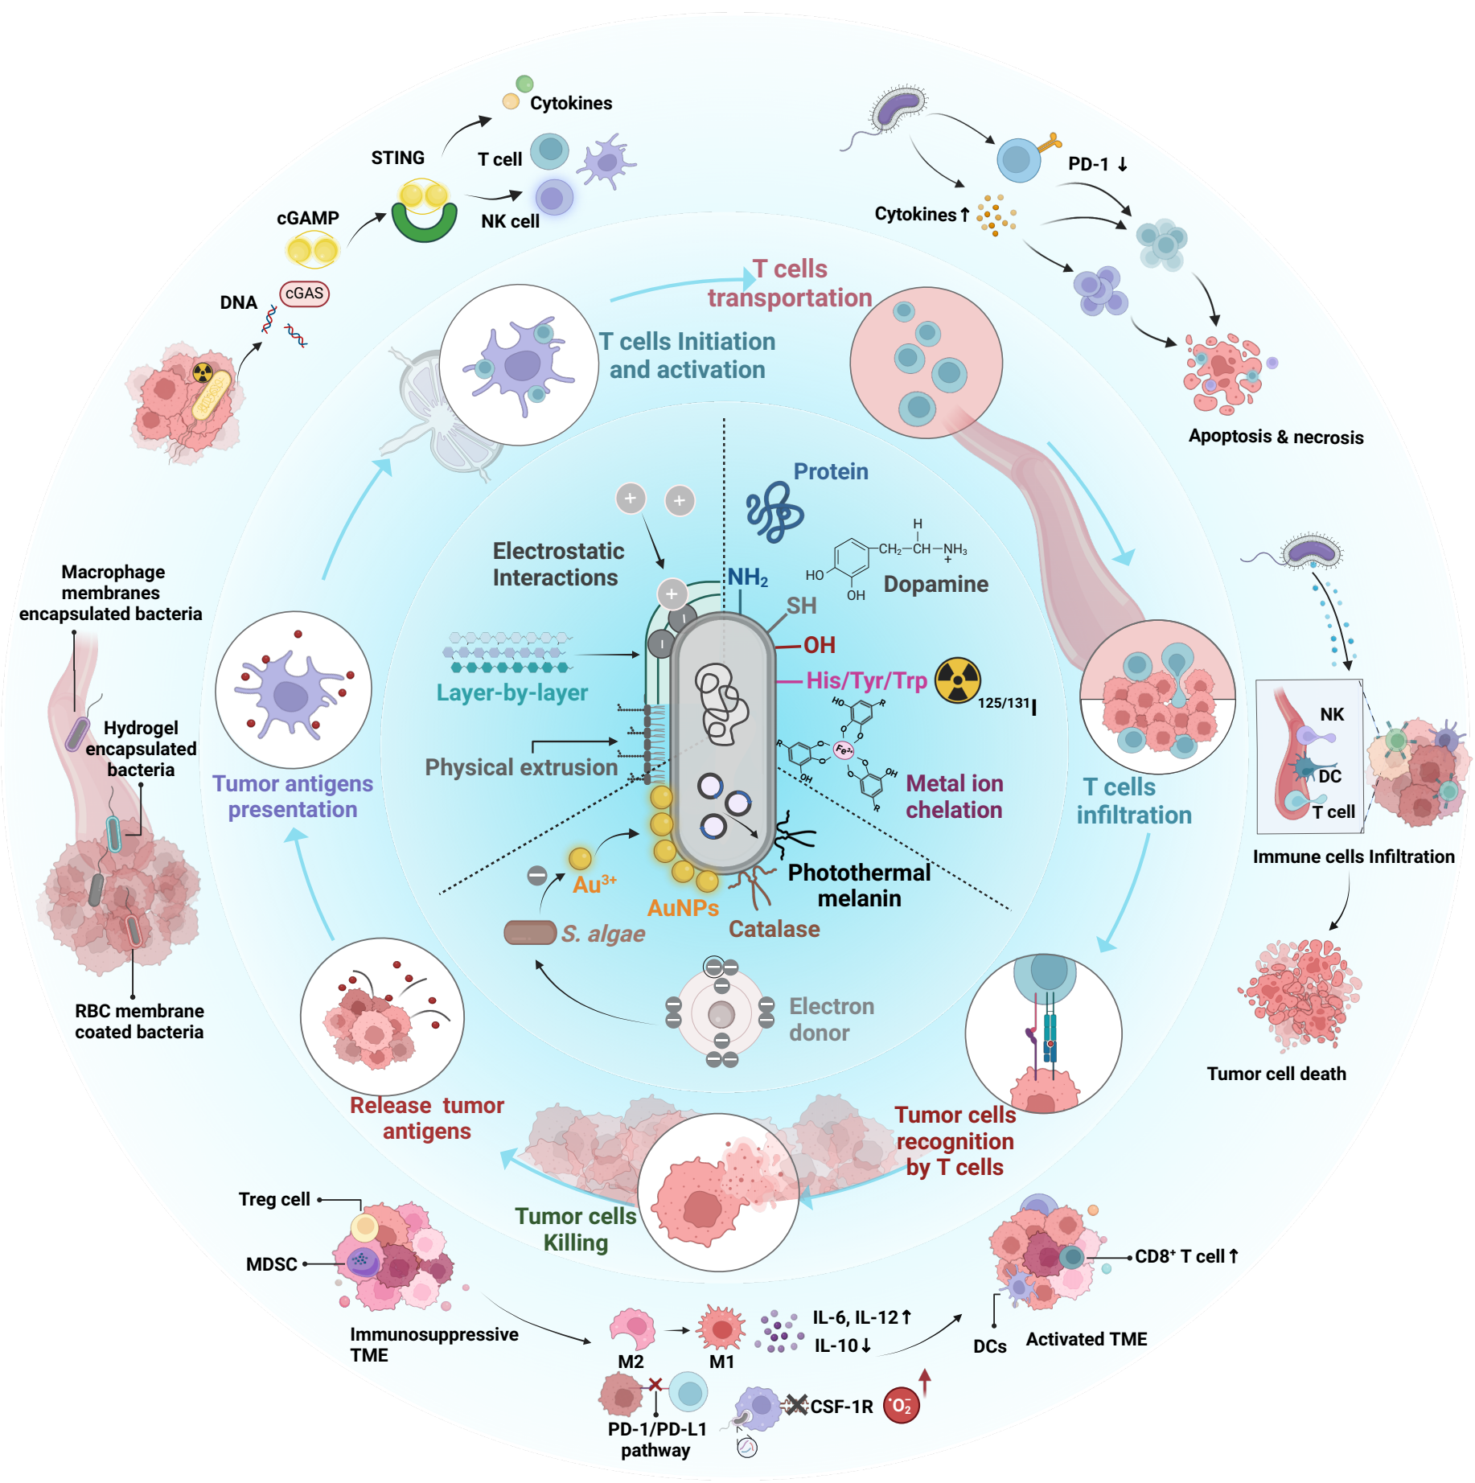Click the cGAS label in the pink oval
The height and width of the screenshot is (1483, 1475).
click(304, 294)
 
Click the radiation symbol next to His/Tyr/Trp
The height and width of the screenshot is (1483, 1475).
click(957, 680)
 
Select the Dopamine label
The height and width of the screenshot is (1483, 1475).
click(935, 584)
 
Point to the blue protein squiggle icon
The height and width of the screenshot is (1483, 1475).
click(774, 512)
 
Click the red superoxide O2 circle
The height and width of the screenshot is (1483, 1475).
click(902, 1406)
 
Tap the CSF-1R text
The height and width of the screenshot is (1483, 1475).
click(841, 1407)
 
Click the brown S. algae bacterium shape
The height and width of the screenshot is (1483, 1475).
click(530, 933)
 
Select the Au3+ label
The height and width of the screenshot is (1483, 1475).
click(594, 885)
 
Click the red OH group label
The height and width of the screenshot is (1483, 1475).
click(819, 645)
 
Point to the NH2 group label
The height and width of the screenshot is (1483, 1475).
click(747, 577)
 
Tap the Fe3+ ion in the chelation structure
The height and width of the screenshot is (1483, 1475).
click(844, 750)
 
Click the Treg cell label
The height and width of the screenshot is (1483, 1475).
click(274, 1199)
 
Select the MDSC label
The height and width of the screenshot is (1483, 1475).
click(272, 1264)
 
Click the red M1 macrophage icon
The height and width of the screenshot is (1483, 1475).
click(721, 1328)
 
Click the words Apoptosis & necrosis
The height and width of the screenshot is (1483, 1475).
click(1276, 437)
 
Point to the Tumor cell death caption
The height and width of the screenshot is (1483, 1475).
click(1276, 1074)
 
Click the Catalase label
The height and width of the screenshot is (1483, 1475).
click(774, 929)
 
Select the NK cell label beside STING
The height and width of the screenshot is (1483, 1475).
click(510, 221)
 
